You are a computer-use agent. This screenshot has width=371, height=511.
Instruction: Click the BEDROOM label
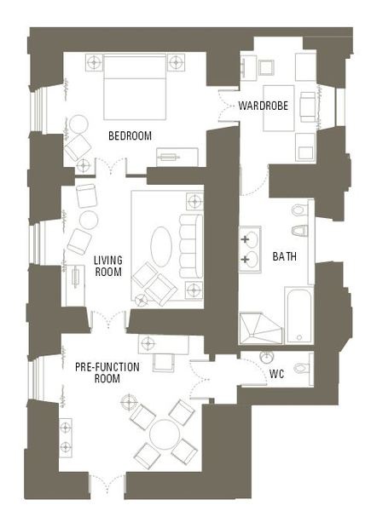(130, 135)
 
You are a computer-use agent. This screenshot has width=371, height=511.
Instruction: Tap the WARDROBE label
(264, 106)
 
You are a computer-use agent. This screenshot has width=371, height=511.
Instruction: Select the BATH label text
(285, 256)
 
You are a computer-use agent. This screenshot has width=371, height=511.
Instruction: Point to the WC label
(276, 374)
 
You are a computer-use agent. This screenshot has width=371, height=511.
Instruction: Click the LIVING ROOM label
(108, 266)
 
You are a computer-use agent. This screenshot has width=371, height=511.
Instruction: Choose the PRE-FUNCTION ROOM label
(107, 373)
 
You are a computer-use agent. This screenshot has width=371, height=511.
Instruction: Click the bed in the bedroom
(135, 87)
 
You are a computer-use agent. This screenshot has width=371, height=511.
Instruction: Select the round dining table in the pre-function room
(165, 434)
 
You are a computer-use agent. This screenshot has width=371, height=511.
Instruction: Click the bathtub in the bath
(299, 315)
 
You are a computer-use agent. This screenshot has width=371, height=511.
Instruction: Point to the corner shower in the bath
(260, 329)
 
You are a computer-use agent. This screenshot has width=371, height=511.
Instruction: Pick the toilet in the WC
(303, 368)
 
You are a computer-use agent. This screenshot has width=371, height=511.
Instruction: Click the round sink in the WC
(267, 357)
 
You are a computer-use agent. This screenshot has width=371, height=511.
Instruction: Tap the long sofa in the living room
(191, 246)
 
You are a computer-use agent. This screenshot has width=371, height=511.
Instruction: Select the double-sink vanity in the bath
(250, 250)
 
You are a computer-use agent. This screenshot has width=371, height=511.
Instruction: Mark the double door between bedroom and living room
(111, 167)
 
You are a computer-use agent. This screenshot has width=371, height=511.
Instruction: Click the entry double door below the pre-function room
(107, 483)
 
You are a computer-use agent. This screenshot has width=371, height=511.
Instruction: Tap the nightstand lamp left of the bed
(94, 61)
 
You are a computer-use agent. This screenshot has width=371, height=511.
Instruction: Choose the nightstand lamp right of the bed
(177, 61)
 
